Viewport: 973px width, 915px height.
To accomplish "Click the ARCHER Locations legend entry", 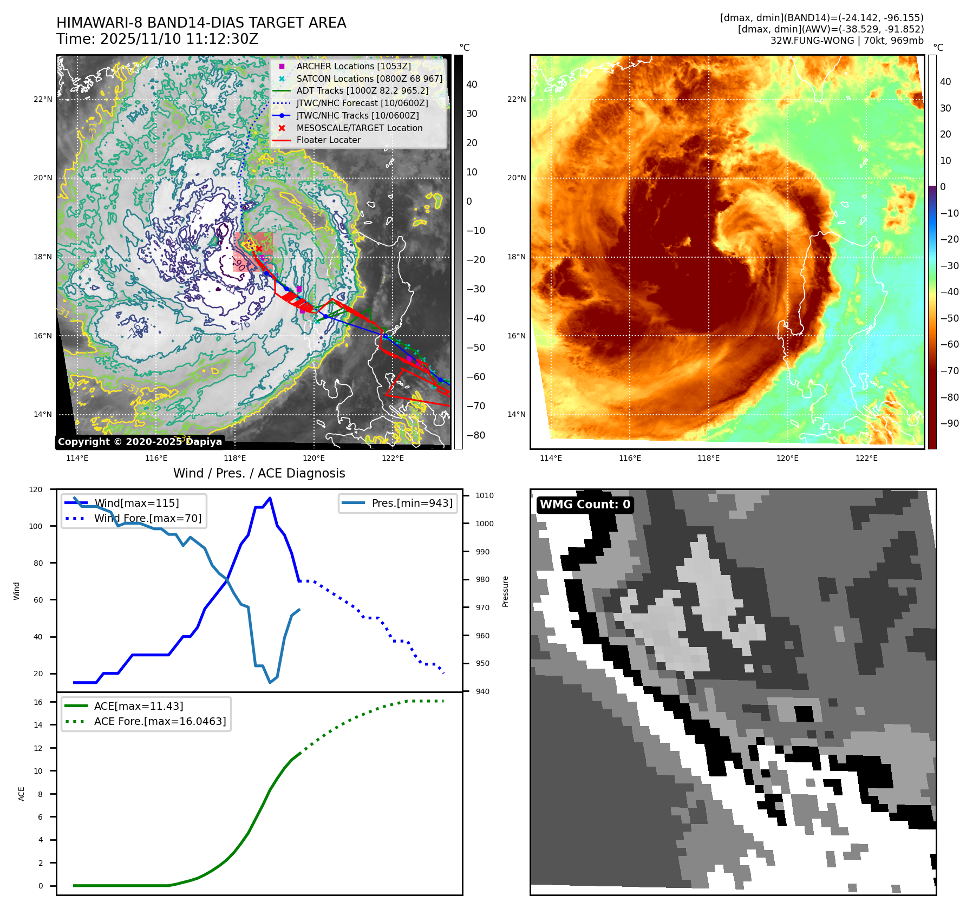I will tap(353, 66).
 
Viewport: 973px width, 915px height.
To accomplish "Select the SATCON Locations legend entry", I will tap(369, 79).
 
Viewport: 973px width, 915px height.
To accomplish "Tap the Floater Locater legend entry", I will tap(328, 140).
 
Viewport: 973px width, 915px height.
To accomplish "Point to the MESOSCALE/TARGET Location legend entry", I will tap(359, 128).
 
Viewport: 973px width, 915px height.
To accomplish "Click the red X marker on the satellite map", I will tap(259, 249).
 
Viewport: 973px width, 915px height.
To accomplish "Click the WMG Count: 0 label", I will tap(585, 505).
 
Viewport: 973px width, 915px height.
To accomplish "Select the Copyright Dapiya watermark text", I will tap(140, 442).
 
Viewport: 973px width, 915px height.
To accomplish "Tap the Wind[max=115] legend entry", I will tap(136, 503).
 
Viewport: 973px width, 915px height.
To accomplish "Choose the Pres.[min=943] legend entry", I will tap(412, 503).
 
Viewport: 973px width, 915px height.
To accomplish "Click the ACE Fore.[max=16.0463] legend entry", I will tap(160, 721).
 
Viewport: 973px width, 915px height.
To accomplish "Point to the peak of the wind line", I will tap(270, 498).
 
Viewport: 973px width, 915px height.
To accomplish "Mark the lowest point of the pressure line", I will tap(270, 682).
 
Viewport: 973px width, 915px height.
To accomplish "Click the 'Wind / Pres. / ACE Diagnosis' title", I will tap(259, 473).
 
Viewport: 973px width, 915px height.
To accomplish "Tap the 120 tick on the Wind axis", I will tap(36, 489).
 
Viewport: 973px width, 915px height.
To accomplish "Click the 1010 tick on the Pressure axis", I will tap(485, 495).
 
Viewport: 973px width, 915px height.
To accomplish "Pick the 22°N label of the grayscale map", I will tap(43, 99).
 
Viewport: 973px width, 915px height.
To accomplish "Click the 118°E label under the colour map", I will tap(708, 458).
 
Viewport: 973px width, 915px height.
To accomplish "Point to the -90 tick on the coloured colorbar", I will tap(949, 423).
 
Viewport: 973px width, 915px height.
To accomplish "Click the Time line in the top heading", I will tap(157, 39).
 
